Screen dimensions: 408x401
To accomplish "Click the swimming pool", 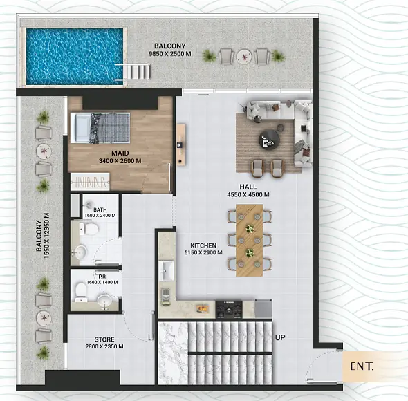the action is (75, 57).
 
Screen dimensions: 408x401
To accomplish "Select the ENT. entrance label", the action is (362, 366).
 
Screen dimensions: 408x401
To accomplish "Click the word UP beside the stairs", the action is (280, 337).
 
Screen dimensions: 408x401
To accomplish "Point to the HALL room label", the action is (248, 187).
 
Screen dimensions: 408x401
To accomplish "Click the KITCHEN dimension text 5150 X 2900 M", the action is (203, 252).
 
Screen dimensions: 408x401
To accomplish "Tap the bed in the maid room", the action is (100, 128).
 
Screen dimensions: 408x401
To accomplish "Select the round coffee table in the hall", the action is (269, 140).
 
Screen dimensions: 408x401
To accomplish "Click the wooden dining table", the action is (249, 240).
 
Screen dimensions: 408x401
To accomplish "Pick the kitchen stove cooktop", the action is (229, 310).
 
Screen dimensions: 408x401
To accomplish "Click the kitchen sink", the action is (166, 270).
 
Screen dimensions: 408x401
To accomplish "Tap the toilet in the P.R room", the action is (81, 292).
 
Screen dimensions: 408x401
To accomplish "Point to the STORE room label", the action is (104, 339).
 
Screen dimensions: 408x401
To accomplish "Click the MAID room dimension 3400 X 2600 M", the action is (120, 161).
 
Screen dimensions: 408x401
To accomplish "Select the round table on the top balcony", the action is (244, 56).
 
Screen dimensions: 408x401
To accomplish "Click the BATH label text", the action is (100, 209).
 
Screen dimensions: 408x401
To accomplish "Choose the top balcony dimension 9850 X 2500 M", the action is (170, 54).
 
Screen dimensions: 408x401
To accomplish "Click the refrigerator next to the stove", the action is (263, 308).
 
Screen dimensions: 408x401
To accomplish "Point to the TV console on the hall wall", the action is (181, 144).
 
